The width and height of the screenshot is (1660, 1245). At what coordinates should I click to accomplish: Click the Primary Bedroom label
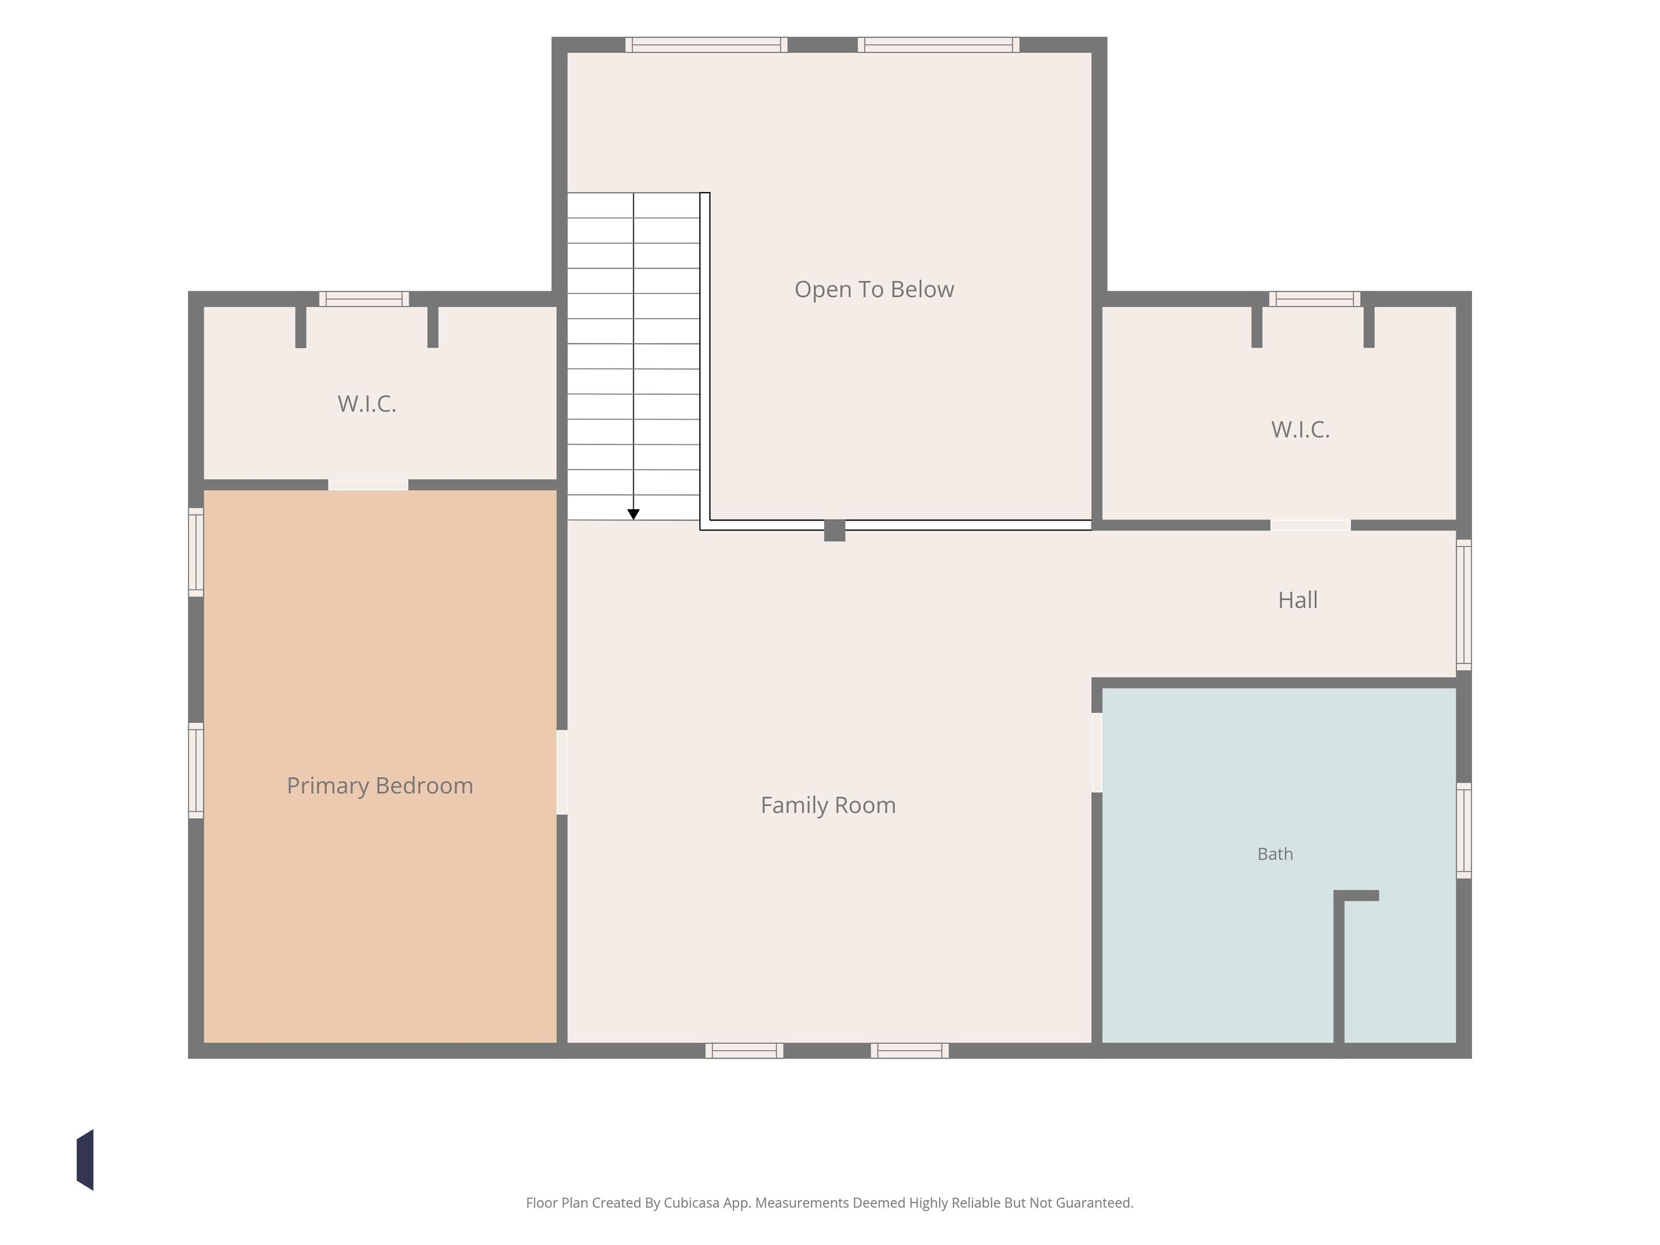[380, 786]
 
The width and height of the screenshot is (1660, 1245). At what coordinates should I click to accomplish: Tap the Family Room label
[828, 805]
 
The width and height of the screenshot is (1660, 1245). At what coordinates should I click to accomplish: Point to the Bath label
[1275, 854]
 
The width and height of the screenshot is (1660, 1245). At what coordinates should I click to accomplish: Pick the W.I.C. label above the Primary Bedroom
[367, 404]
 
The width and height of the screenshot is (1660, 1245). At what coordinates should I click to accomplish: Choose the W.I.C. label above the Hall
[1301, 429]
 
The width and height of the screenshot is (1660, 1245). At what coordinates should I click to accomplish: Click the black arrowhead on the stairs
[633, 514]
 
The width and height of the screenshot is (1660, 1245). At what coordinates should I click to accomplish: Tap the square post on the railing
[835, 531]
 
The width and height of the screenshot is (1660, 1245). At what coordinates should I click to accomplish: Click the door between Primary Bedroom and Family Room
[562, 772]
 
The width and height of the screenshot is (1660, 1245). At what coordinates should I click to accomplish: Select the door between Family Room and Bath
[1096, 752]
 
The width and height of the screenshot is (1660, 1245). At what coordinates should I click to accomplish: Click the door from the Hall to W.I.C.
[1310, 525]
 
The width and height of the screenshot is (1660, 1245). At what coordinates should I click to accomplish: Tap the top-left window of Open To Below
[706, 45]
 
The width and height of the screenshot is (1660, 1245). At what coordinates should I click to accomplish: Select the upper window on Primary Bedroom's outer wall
[196, 553]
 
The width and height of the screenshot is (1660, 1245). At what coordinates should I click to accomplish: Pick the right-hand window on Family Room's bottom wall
[909, 1051]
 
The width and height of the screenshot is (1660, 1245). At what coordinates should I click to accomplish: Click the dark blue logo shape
[85, 1160]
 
